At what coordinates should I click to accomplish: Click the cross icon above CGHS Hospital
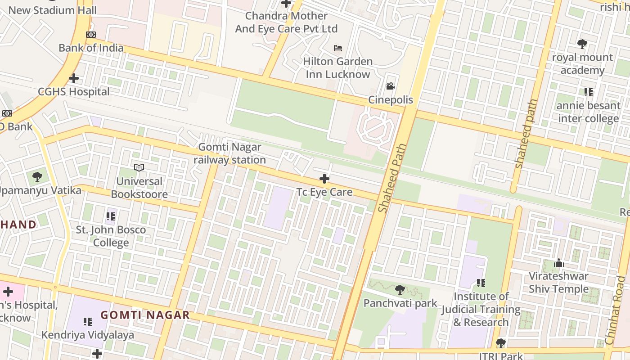(74, 79)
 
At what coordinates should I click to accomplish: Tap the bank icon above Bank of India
(91, 35)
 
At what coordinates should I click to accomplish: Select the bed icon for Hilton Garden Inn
(338, 48)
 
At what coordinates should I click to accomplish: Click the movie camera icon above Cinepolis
(390, 86)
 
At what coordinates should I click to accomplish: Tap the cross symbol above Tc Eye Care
(324, 179)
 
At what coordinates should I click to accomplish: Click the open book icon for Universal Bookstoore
(139, 168)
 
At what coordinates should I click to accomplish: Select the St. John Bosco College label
(111, 236)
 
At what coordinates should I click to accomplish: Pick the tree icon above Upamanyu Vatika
(37, 176)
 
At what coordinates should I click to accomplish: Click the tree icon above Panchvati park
(400, 290)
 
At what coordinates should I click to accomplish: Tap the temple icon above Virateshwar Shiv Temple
(559, 262)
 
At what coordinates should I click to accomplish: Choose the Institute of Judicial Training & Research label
(481, 309)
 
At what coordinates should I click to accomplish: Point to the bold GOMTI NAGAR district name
(145, 315)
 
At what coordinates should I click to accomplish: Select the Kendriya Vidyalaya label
(88, 335)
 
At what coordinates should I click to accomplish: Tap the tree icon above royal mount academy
(582, 44)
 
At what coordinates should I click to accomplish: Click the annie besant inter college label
(588, 112)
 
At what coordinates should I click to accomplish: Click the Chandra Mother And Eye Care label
(286, 22)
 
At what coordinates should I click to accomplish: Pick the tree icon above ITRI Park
(500, 344)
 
